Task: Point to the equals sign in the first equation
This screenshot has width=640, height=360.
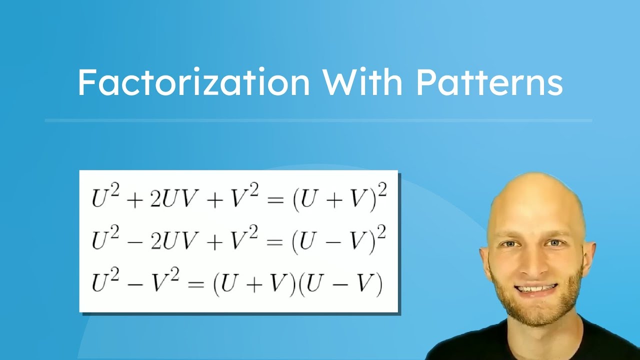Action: tap(274, 199)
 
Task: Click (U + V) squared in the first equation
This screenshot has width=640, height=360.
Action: tap(338, 198)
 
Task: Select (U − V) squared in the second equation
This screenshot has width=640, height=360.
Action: tap(338, 240)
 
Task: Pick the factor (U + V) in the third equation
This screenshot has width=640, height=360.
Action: tap(252, 283)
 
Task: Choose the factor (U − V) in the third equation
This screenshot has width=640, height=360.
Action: tap(340, 283)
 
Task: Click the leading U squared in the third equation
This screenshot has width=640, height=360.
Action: tap(106, 281)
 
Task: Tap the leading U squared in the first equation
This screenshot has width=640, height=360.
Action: tap(106, 197)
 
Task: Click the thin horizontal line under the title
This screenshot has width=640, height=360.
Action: tap(318, 120)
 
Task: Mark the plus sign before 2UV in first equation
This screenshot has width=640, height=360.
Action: tap(132, 199)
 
